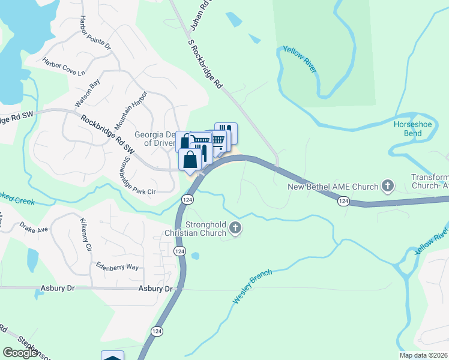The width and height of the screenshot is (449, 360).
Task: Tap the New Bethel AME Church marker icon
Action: [x=388, y=186]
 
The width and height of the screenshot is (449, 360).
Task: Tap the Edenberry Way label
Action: [x=117, y=267]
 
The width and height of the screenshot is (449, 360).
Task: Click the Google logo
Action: [x=20, y=353]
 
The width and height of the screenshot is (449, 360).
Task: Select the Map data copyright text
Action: [x=424, y=355]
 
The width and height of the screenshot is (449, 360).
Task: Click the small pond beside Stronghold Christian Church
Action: [x=196, y=256]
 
